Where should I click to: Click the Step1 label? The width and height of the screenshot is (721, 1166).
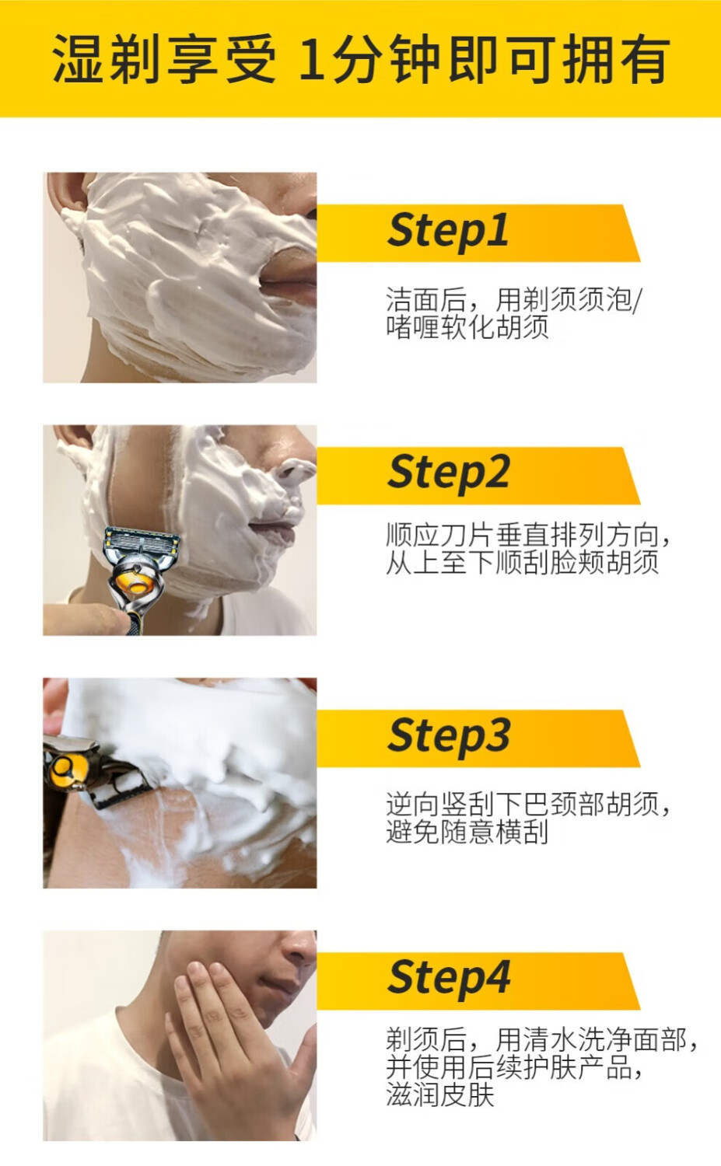447,232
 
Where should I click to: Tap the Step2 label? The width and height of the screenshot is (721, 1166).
448,473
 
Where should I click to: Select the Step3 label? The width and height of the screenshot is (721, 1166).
449,737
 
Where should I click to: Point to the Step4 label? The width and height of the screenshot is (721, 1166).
449,979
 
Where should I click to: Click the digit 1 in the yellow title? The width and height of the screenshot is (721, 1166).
313,59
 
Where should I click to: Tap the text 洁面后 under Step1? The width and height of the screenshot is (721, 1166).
426,300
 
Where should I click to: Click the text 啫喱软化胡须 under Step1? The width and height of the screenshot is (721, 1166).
467,327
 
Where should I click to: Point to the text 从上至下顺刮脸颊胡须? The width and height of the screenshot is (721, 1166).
522,563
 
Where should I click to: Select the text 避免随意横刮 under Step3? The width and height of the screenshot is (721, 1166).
467,831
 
